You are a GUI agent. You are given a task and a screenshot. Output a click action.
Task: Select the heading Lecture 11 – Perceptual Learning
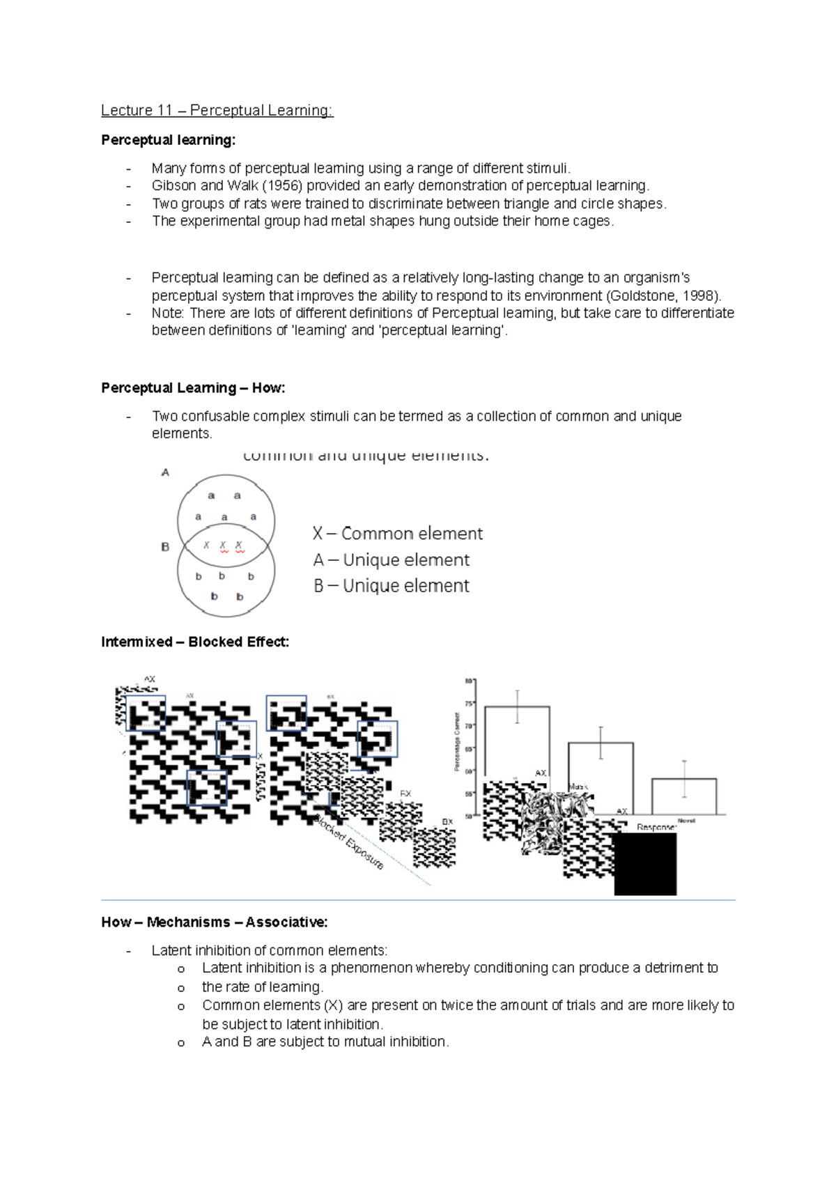217,110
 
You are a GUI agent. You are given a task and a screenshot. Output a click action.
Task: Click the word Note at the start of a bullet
167,314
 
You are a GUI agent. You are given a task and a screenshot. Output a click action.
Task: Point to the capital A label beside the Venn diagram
165,472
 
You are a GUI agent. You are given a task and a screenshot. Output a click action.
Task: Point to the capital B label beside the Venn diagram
165,547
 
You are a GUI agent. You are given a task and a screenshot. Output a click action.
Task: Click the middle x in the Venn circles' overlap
223,546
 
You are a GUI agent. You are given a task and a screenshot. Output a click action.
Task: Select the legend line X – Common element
397,534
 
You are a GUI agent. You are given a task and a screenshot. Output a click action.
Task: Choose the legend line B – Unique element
391,586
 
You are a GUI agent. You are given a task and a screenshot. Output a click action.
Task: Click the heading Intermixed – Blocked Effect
195,642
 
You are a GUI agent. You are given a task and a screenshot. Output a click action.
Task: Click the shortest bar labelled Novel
683,796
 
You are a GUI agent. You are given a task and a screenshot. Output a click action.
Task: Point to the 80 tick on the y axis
469,681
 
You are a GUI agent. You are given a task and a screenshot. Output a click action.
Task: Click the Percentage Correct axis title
457,741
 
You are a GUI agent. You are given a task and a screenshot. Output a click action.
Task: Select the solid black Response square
645,864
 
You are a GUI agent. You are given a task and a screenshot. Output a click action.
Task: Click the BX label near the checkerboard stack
447,822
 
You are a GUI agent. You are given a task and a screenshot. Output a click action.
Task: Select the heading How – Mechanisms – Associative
215,922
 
